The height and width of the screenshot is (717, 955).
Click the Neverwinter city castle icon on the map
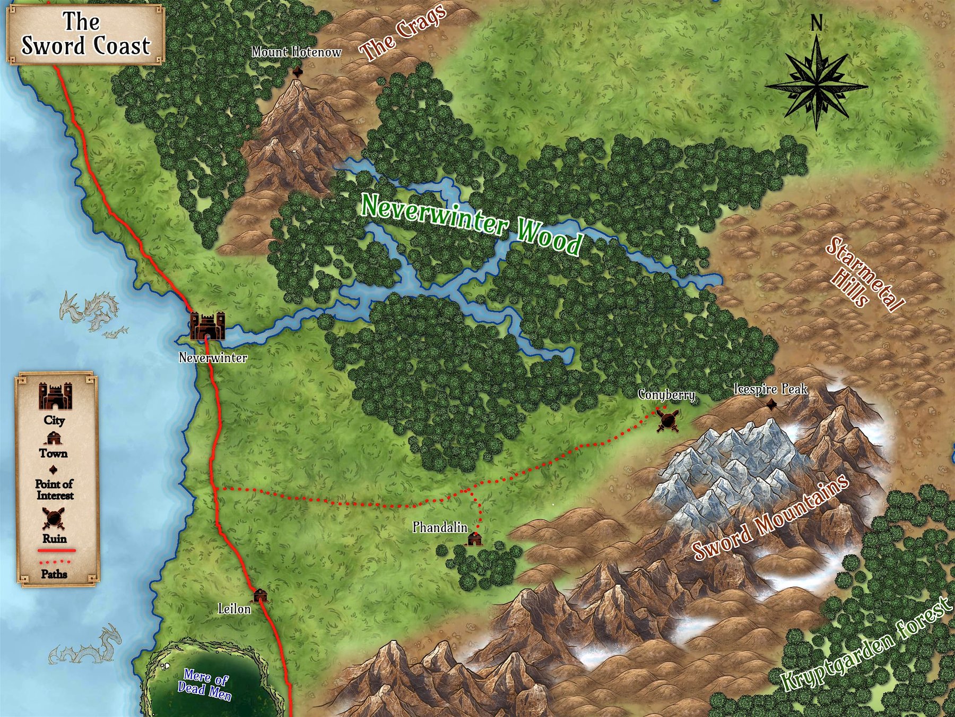(x=207, y=326)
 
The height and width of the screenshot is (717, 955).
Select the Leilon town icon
(x=259, y=595)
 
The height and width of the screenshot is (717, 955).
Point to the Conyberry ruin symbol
(x=667, y=420)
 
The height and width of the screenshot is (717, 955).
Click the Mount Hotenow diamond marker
(x=297, y=72)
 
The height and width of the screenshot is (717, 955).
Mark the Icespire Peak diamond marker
(x=771, y=405)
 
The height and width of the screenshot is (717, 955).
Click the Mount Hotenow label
(x=296, y=52)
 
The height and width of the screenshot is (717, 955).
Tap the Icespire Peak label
(x=770, y=389)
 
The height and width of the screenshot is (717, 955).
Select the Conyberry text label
(x=666, y=395)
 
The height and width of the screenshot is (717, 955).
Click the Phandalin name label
(x=440, y=527)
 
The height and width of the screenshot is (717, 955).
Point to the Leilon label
(x=235, y=609)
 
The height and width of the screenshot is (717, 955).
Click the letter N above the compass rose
(x=817, y=24)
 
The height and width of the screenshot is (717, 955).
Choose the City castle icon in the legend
(x=55, y=396)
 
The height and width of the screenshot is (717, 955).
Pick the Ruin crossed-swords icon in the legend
(x=54, y=518)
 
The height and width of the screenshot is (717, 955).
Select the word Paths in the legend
(x=54, y=574)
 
